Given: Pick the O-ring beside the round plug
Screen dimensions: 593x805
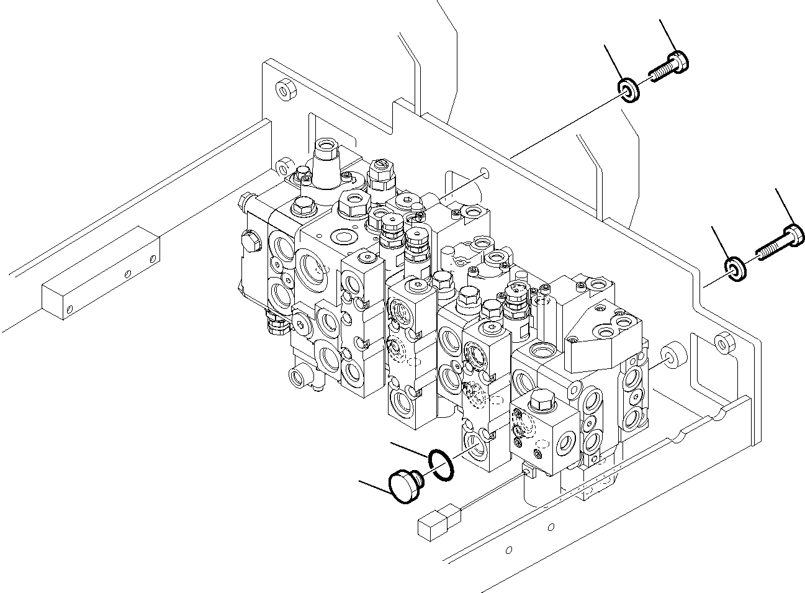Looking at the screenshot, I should click(x=441, y=465).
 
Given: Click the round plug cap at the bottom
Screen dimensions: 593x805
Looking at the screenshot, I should click(x=403, y=486).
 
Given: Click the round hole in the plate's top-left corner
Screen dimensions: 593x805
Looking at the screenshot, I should click(x=285, y=91).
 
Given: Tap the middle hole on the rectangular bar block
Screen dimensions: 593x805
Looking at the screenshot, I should click(x=127, y=273).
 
